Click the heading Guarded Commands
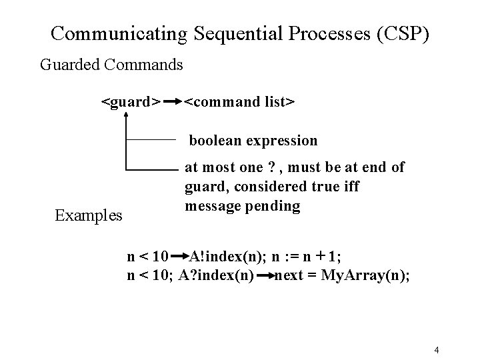point(111,65)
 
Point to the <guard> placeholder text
point(130,103)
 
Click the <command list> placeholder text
point(239,103)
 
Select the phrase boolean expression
point(253,141)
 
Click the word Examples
point(89,215)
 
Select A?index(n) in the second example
point(216,274)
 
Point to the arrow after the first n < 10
point(180,255)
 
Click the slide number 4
point(435,350)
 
